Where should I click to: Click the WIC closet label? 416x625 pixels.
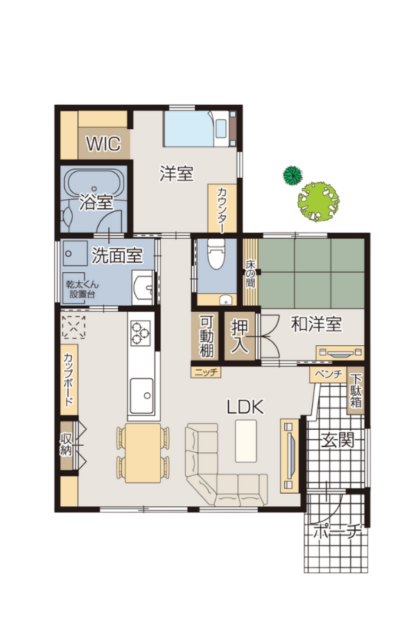coord(103,144)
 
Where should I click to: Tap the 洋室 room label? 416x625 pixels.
coord(176,174)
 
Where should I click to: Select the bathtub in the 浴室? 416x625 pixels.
coord(94,183)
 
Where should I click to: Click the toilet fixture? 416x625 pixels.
coord(216,253)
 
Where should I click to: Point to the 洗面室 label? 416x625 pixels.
coord(117,255)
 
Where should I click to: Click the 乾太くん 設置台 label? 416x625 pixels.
coord(82,290)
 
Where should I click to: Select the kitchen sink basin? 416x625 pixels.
coord(141,395)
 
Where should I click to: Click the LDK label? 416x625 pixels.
coord(245,407)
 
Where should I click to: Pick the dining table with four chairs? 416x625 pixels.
coord(143,453)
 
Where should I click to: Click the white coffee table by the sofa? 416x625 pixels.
coord(245,440)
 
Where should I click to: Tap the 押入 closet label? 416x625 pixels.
coord(240,337)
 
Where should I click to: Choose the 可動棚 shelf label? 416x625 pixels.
coord(207,337)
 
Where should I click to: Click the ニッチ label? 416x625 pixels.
coord(206,372)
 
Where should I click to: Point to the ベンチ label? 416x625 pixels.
coord(329,374)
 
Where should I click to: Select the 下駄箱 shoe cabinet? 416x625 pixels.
coord(356,390)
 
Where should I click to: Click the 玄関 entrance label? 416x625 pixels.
coord(338,441)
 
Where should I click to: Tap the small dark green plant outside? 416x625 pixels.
coord(293,175)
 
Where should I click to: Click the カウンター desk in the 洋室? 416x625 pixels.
coord(222,209)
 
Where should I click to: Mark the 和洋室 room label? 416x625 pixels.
coord(316,324)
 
